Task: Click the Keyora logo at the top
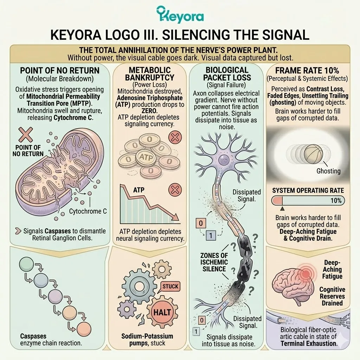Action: point(180,15)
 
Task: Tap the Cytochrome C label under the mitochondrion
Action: point(88,211)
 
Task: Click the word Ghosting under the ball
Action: point(329,171)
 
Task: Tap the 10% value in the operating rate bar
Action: point(336,201)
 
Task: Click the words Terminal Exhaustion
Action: point(309,343)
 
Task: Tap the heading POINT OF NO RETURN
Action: point(60,70)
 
